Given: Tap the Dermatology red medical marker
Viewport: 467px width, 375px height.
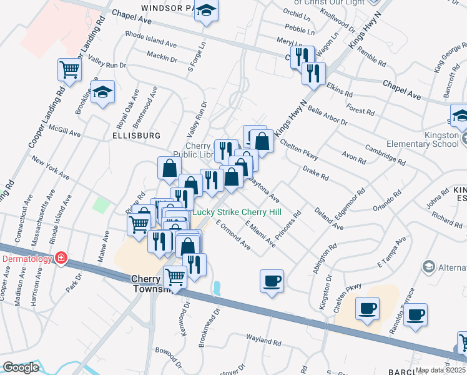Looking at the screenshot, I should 61,257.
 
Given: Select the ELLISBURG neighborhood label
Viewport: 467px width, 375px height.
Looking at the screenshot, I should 137,135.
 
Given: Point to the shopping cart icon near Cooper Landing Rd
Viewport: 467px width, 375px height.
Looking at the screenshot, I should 69,70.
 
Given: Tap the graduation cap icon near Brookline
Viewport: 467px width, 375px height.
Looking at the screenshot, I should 103,92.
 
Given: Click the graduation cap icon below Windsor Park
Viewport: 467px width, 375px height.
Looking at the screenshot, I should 207,11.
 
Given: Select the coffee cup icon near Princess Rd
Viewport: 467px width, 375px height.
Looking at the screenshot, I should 272,281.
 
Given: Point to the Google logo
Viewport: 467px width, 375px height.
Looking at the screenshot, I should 21,367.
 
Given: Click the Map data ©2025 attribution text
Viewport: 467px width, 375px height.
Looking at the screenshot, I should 441,370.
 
